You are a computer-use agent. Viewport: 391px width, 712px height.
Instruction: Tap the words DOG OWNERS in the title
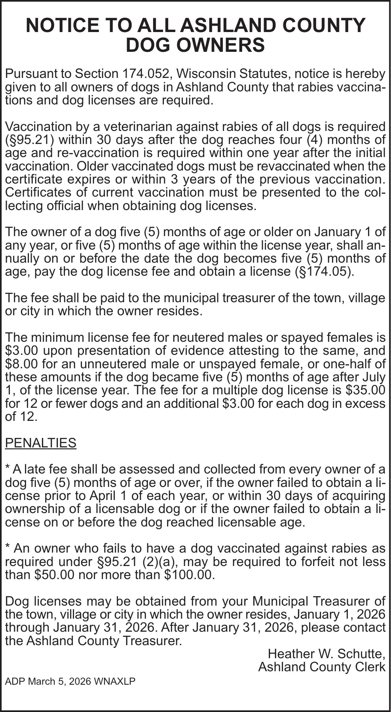point(195,45)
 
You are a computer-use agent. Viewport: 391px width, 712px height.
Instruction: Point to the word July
point(372,377)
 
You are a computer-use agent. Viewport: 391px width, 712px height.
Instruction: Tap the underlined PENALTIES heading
point(40,443)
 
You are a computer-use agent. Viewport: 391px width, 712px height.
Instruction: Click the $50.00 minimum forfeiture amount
point(54,575)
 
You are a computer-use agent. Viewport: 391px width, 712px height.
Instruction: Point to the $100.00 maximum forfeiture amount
point(189,575)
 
